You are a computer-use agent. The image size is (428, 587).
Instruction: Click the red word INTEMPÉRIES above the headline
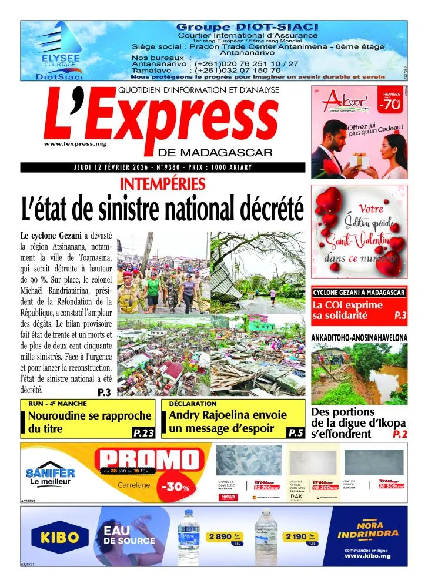(x=162, y=185)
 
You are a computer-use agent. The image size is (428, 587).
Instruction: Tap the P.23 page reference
(x=143, y=433)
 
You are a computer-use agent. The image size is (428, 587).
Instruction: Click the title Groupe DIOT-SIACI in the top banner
(x=247, y=27)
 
